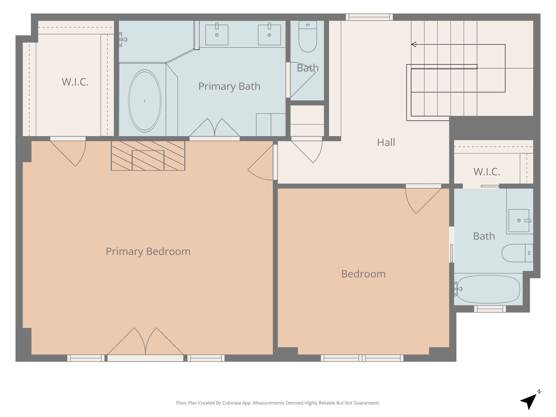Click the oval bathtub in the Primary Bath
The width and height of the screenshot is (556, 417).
(x=144, y=101)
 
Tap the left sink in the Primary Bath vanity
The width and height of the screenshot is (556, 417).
(x=217, y=35)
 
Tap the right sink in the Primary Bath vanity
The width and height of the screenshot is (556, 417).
(x=269, y=35)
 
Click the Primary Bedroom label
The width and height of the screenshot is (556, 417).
(x=148, y=251)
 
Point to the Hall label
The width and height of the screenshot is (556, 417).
(x=386, y=142)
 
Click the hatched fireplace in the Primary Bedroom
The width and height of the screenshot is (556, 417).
(x=148, y=156)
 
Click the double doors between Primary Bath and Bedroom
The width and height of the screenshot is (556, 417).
(x=214, y=129)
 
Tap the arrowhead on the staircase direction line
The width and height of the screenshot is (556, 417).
(x=414, y=44)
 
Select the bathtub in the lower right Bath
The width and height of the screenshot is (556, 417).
(x=488, y=289)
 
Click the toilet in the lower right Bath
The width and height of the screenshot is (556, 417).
(x=516, y=253)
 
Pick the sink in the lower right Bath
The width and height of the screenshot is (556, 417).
(x=519, y=220)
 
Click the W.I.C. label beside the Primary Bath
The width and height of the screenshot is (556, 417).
(x=75, y=82)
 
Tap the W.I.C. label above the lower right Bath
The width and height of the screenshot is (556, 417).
(x=487, y=172)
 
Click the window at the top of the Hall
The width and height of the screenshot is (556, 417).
(x=369, y=17)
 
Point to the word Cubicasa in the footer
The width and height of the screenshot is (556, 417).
(x=232, y=403)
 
